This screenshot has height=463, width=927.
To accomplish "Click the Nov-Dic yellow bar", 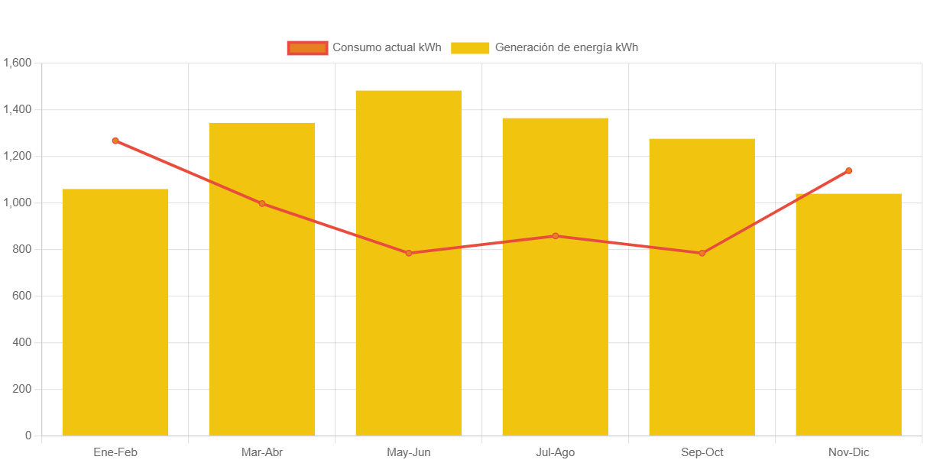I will pyautogui.click(x=848, y=314).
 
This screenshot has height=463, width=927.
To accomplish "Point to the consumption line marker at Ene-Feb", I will pyautogui.click(x=115, y=141).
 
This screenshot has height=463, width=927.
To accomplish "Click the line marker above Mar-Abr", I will pyautogui.click(x=262, y=203).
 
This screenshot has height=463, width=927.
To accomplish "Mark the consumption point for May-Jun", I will pyautogui.click(x=409, y=253).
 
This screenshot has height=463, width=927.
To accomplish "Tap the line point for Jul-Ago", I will pyautogui.click(x=556, y=236).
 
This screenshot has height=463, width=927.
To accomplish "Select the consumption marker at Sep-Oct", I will pyautogui.click(x=702, y=253).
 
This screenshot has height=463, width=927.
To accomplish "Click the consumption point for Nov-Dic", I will pyautogui.click(x=848, y=171).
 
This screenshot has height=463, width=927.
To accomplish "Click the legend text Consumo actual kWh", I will pyautogui.click(x=387, y=47).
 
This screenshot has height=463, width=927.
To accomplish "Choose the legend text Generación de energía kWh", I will pyautogui.click(x=566, y=47).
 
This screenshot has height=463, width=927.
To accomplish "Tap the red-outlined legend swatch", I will pyautogui.click(x=307, y=47).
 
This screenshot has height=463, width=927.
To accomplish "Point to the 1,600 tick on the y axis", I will pyautogui.click(x=17, y=63).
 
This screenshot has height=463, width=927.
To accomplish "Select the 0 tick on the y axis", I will pyautogui.click(x=28, y=435).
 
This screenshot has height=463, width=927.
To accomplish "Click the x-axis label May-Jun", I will pyautogui.click(x=409, y=452).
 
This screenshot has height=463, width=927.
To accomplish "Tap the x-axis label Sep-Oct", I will pyautogui.click(x=702, y=452).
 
